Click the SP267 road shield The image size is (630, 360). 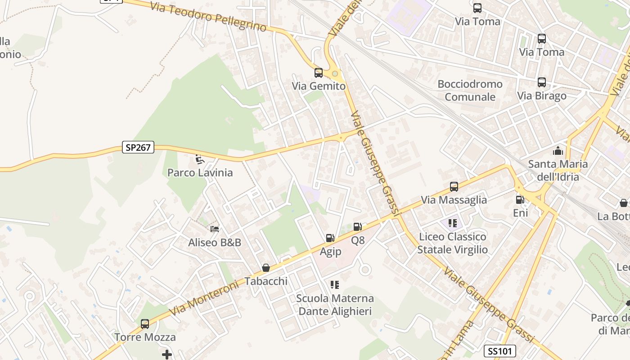coord(138,147)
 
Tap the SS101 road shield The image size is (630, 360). coord(500,351)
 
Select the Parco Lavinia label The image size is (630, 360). coord(200,172)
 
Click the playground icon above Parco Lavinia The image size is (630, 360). coord(199,159)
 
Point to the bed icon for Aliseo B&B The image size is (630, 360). coord(215,229)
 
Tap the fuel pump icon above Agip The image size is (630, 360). coord(330,238)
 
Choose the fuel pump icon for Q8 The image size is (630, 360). coord(357,227)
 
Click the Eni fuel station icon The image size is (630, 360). coord(520,199)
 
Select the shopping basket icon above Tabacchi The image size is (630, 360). coord(266,268)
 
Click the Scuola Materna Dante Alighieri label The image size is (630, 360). coord(335,305)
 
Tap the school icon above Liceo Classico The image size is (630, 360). coord(453,223)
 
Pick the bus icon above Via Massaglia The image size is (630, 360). coord(454,186)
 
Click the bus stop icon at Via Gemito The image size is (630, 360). coord(318,72)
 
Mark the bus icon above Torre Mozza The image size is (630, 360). coord(145,324)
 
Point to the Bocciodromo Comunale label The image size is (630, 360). coord(470,90)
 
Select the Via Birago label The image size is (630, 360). coord(541,96)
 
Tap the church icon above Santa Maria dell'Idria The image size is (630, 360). coord(558,151)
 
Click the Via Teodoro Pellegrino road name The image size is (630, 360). coord(208,17)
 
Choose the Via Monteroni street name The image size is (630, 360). coord(203,299)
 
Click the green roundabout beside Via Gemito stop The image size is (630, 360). coord(335,73)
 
